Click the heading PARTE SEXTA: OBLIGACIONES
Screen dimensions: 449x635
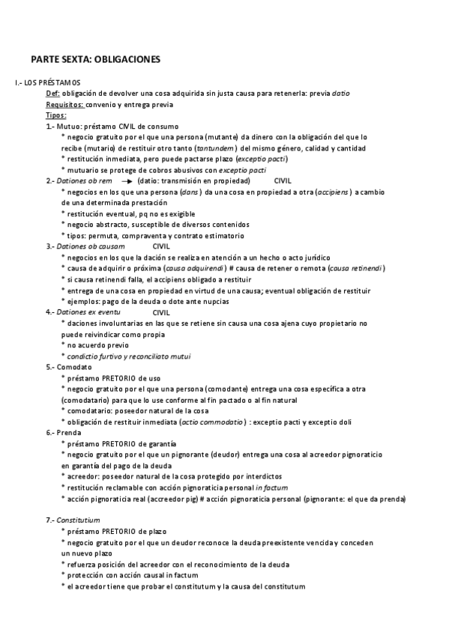(96, 58)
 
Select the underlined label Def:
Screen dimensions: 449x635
(52, 93)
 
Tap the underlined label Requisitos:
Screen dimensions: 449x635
(64, 105)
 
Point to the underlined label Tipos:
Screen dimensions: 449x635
(55, 115)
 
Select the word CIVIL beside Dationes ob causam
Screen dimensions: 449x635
(162, 246)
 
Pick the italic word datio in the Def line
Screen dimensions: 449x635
(340, 93)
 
